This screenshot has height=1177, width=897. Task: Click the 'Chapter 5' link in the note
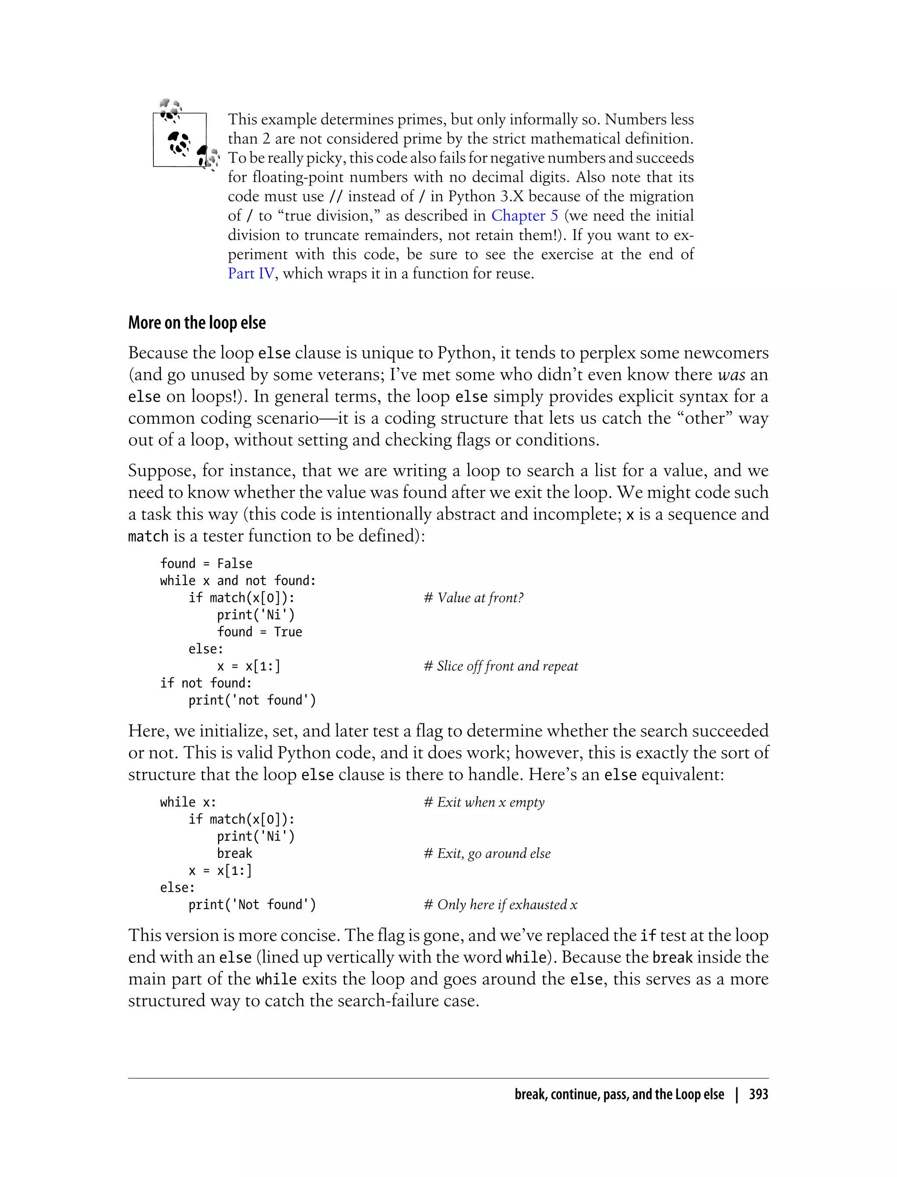tap(524, 215)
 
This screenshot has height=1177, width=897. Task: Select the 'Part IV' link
tap(251, 273)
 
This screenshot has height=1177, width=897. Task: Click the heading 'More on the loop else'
tap(197, 323)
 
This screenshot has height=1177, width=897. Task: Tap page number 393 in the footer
tap(758, 1094)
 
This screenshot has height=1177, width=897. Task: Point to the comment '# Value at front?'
tap(473, 598)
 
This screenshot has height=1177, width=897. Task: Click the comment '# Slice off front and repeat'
tap(500, 666)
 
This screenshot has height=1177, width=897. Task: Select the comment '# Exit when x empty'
tap(484, 802)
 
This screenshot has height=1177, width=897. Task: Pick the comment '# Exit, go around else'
tap(487, 853)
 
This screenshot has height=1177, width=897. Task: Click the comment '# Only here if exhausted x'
tap(500, 905)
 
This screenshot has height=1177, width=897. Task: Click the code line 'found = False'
tap(206, 564)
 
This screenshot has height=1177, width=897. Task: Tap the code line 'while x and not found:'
tap(237, 581)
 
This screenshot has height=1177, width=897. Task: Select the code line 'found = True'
tap(259, 632)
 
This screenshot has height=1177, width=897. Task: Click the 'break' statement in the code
tap(234, 853)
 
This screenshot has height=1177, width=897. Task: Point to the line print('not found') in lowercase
tap(252, 700)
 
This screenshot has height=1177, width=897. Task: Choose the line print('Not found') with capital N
tap(252, 905)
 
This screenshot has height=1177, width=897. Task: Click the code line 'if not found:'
tap(205, 683)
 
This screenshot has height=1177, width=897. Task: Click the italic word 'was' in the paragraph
tap(731, 375)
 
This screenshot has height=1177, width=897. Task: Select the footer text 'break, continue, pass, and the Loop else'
tap(619, 1094)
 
